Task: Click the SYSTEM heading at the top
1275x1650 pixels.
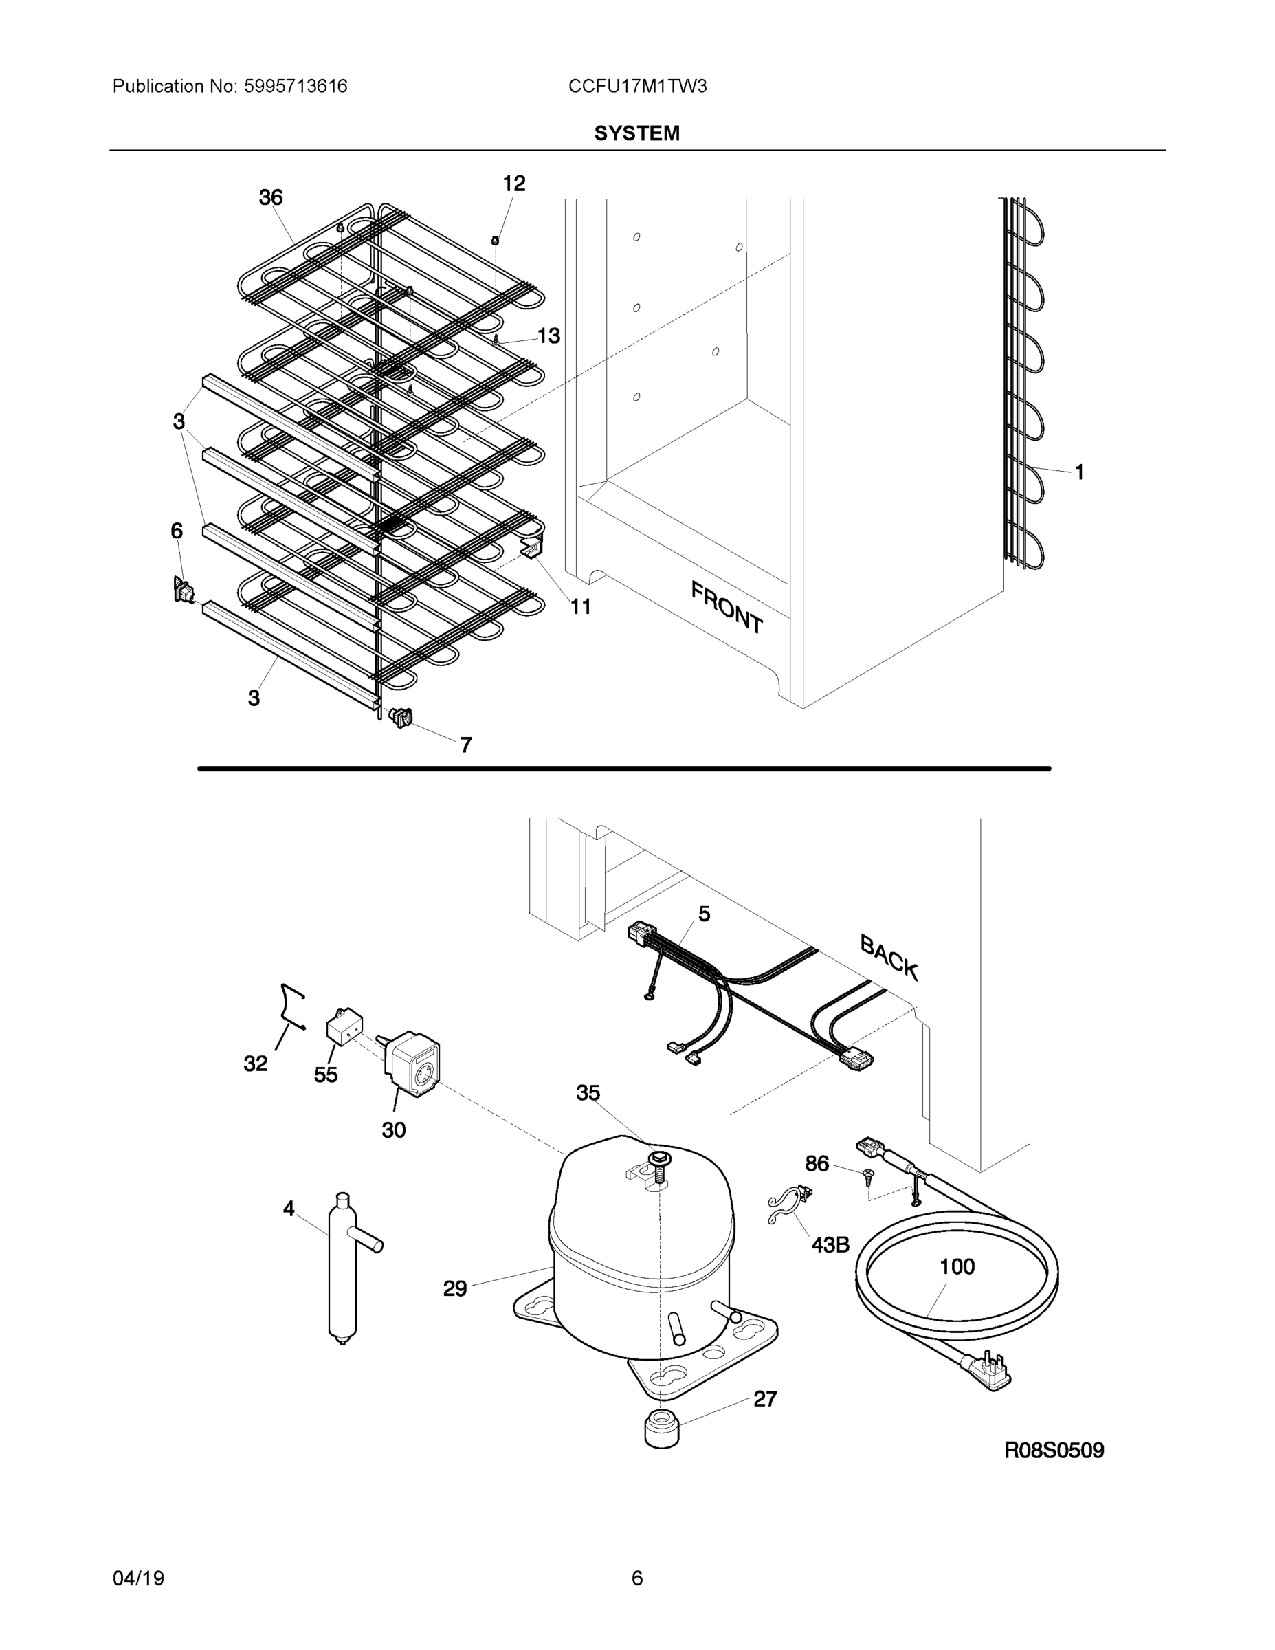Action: (x=636, y=134)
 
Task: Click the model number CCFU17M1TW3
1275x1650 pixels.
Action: (x=636, y=87)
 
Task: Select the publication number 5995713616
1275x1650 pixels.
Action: (x=296, y=87)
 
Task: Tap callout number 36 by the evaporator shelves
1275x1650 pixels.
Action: (x=270, y=198)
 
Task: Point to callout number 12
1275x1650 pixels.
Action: (x=513, y=184)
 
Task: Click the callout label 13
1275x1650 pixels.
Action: (x=548, y=336)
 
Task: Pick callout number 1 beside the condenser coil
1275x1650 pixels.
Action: (x=1078, y=472)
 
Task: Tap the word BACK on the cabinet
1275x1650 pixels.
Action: (x=889, y=958)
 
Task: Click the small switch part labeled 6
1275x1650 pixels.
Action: (x=182, y=590)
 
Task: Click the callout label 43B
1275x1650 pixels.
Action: (x=830, y=1244)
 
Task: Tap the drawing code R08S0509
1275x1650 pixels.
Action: (x=1054, y=1451)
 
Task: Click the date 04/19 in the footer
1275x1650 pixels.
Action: (x=138, y=1578)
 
